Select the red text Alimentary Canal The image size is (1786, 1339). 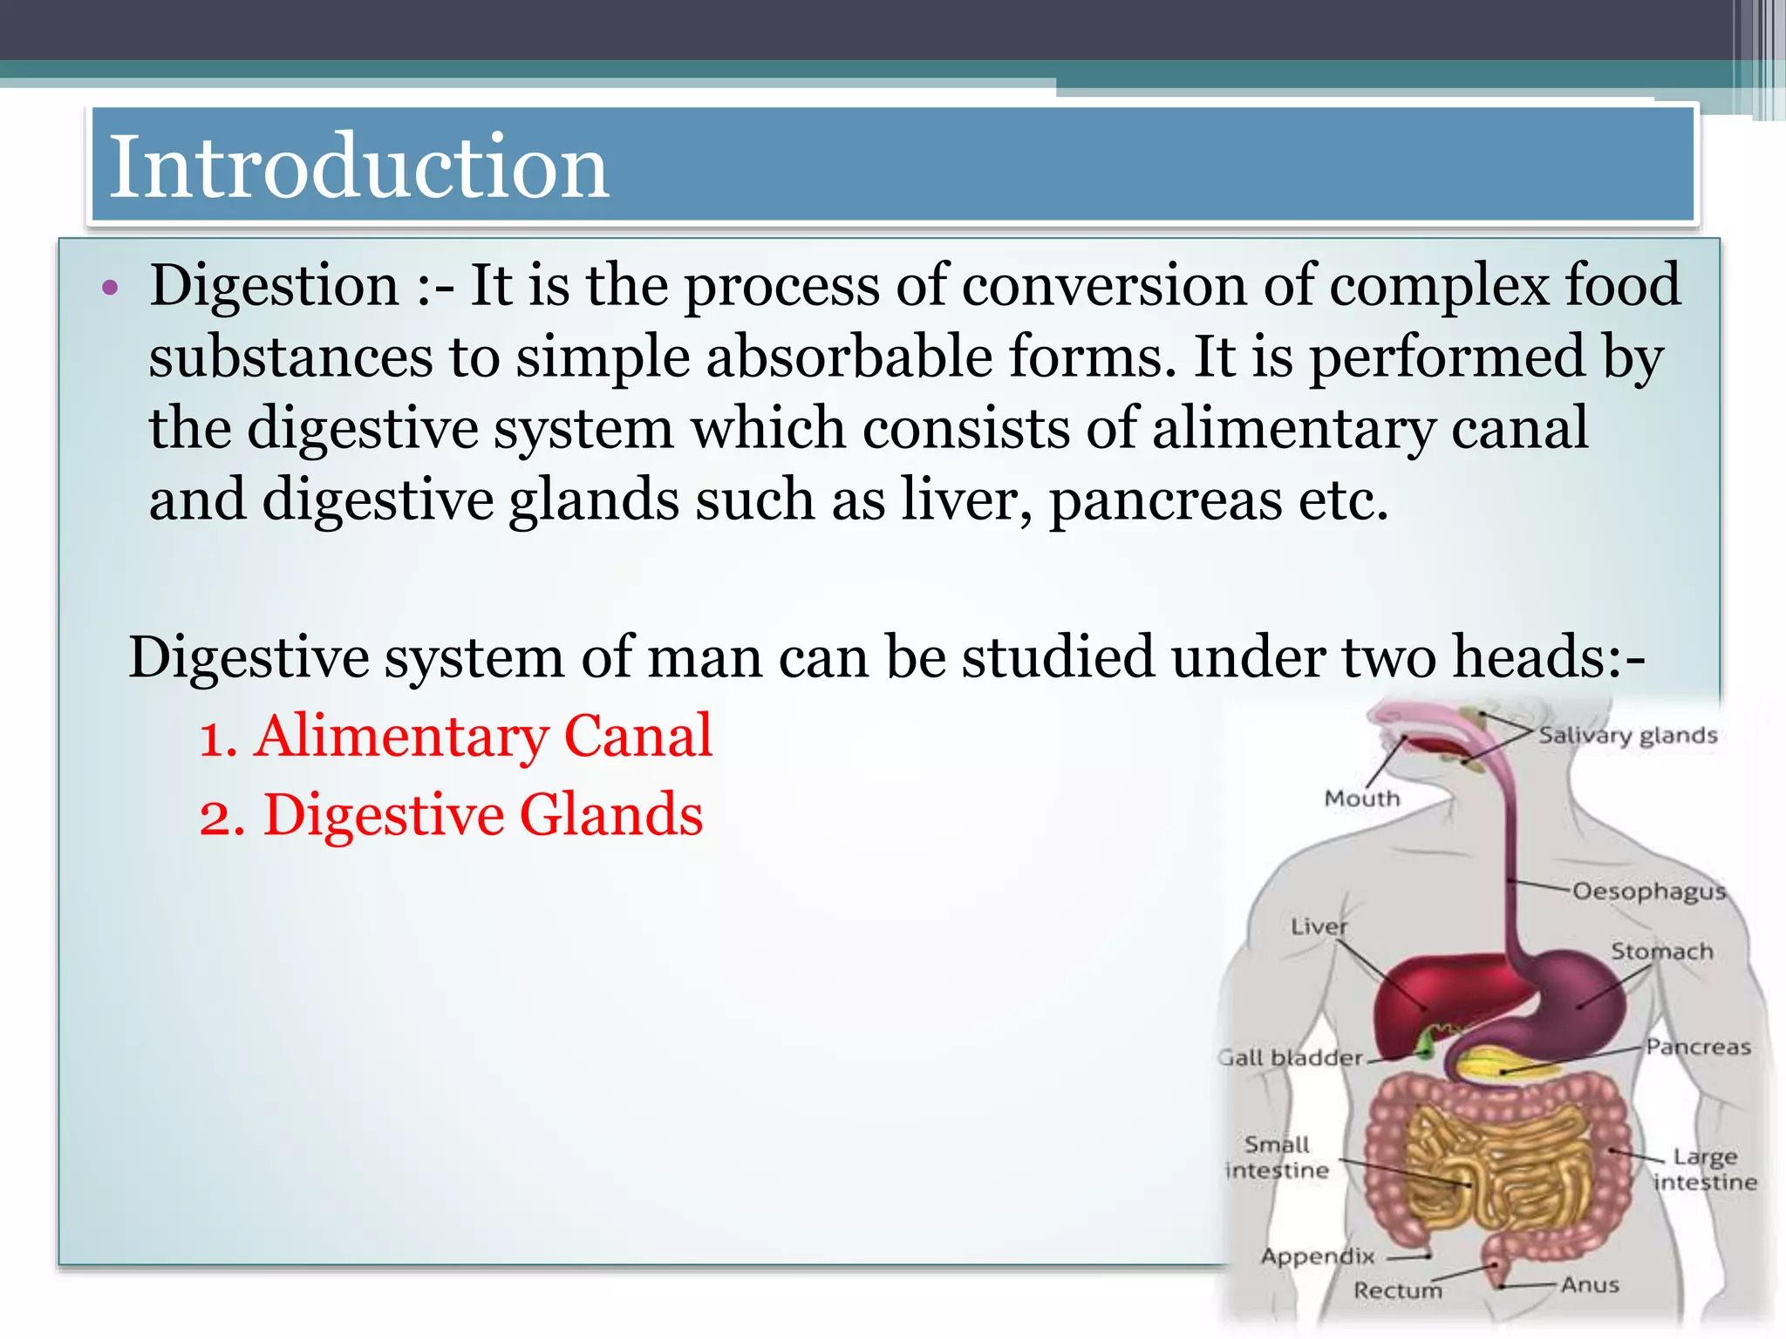(x=483, y=736)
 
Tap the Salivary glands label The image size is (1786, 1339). (x=1627, y=736)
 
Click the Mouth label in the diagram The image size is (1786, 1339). (x=1361, y=798)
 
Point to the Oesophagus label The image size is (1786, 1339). (x=1648, y=891)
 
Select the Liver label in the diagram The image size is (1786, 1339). (x=1319, y=926)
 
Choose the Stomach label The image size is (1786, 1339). (x=1661, y=951)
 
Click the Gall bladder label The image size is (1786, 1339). (x=1292, y=1057)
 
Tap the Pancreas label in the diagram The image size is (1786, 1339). (x=1698, y=1046)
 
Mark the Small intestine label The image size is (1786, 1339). (x=1277, y=1157)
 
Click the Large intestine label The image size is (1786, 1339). (x=1705, y=1169)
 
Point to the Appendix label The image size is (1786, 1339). (x=1318, y=1256)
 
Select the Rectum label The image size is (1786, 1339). (x=1397, y=1290)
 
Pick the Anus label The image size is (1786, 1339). (x=1590, y=1284)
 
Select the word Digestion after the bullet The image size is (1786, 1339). (x=274, y=285)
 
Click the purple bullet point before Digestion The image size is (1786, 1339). (x=109, y=287)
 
